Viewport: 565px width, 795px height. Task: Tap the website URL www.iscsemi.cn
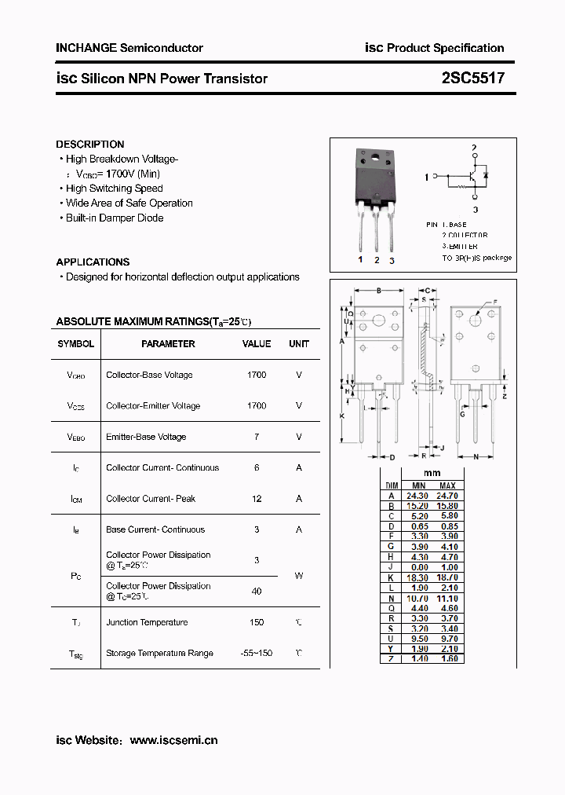coord(173,740)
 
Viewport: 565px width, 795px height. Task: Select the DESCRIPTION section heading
coord(90,145)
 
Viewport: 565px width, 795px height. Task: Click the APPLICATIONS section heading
coord(93,262)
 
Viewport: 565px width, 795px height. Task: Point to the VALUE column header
coord(257,344)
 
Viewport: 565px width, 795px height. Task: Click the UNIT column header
coord(299,344)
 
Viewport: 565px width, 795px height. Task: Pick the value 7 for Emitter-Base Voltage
coord(257,437)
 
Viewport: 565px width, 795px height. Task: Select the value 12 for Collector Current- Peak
coord(257,499)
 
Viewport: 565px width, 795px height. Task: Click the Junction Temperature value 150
coord(257,622)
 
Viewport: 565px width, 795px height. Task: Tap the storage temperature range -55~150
coord(257,654)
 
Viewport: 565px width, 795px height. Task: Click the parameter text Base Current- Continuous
coord(155,529)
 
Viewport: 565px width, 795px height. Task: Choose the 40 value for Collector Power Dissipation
coord(257,591)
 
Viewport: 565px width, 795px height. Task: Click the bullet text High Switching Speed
coord(114,189)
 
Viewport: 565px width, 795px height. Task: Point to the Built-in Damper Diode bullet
coord(115,218)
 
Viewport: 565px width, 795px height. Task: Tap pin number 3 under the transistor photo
coord(392,260)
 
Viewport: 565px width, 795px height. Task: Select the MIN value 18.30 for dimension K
coord(418,577)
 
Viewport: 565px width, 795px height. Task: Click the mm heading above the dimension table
coord(432,474)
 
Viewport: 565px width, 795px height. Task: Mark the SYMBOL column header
coord(76,344)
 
